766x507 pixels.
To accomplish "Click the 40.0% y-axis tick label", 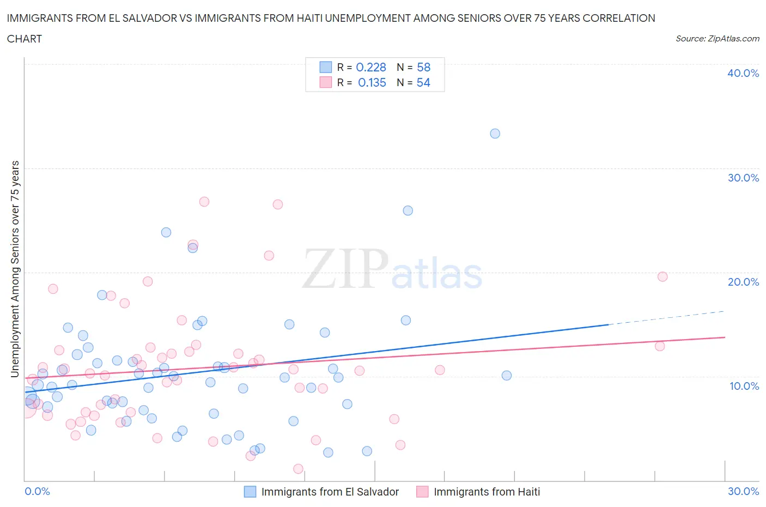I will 743,73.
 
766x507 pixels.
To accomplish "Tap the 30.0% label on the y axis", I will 743,178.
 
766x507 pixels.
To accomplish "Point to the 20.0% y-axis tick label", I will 743,282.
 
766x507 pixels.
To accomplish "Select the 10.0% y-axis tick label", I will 744,386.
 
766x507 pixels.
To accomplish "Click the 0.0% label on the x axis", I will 37,491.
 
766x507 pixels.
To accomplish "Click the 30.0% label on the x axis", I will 743,491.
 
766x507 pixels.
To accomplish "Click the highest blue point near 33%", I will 495,134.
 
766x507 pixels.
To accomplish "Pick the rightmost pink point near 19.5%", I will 662,276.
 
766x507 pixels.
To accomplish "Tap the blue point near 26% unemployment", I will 408,210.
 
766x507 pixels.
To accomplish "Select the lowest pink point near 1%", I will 298,469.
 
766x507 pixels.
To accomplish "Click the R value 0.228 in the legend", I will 370,67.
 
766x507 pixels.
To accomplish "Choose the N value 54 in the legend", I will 423,82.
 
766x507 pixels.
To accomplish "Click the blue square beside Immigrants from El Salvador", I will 250,492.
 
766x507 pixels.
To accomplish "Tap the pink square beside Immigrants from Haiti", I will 422,492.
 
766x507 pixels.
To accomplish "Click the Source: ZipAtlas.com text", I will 717,39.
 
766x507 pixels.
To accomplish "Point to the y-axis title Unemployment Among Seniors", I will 15,269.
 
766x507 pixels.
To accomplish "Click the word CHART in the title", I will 25,39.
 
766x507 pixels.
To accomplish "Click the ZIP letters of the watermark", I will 345,269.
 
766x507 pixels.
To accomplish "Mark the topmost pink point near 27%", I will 204,202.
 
